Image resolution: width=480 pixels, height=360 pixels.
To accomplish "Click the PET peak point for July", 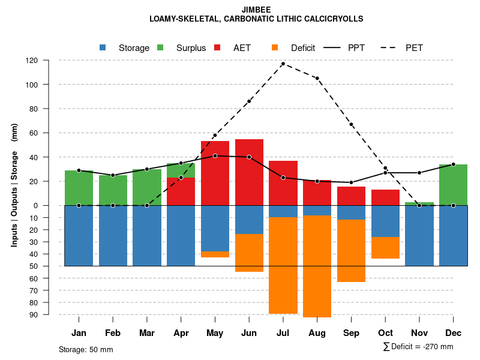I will pos(283,64).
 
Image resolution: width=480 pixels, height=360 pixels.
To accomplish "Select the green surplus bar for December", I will pos(453,184).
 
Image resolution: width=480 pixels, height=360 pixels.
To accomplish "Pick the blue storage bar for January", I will pos(79,235).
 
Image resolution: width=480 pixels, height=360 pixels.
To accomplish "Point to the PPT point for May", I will pos(215,156).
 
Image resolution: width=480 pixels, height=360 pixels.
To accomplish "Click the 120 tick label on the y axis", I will pos(48,61).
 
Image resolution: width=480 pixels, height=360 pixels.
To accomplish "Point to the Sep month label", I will pos(351,333).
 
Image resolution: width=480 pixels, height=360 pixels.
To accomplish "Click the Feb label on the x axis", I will pos(113,333).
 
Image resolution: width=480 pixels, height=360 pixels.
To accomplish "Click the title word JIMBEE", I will pos(256,10).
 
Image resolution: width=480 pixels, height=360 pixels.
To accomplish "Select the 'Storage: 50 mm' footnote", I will pos(86,349).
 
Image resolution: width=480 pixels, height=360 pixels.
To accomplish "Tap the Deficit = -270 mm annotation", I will pos(418,346).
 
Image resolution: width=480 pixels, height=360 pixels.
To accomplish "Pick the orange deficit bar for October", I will pos(385,248).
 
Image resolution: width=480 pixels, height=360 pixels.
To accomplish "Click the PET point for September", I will pos(351,124).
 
